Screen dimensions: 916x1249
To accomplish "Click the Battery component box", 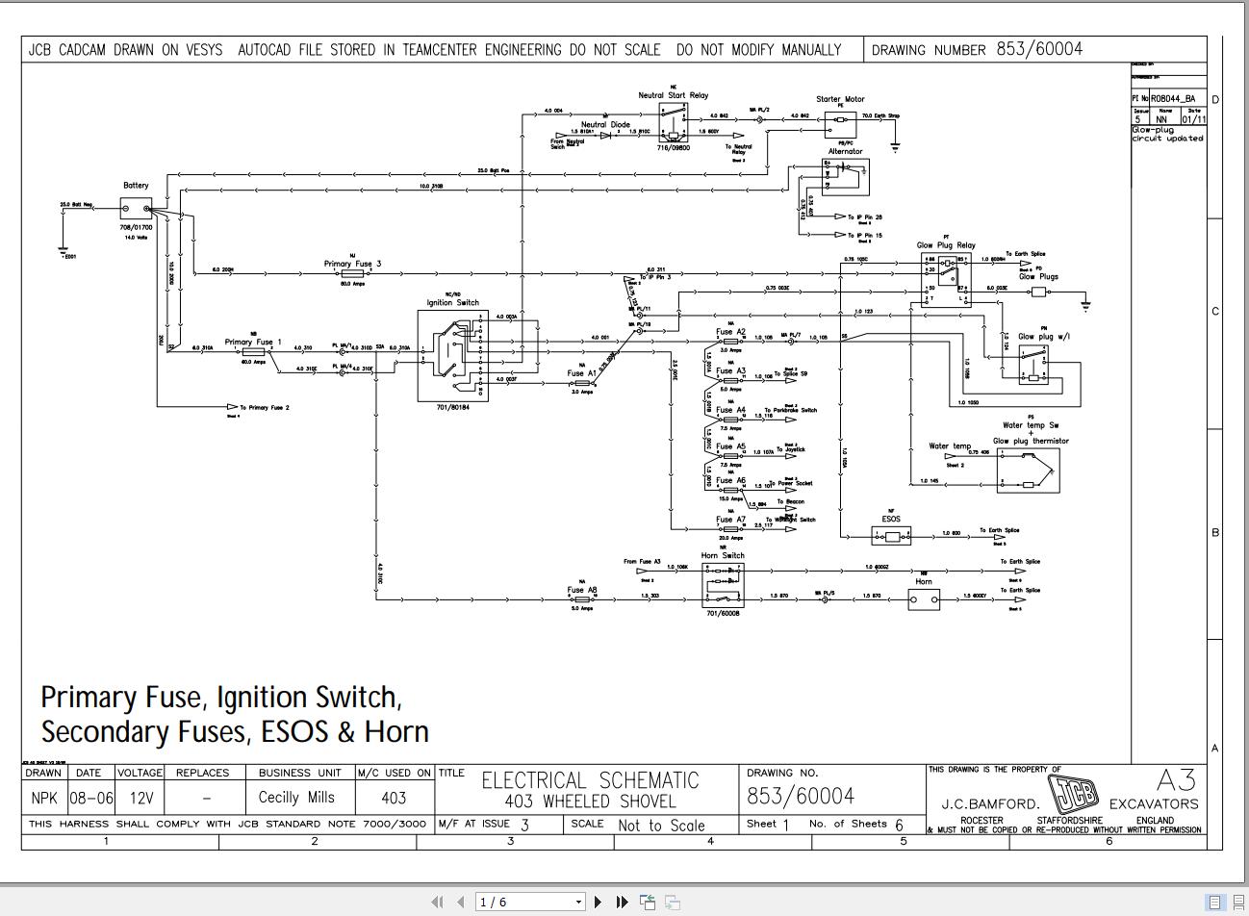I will tap(136, 209).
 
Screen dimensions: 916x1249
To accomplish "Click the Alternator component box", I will tap(846, 177).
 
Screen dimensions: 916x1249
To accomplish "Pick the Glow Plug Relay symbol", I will tap(946, 278).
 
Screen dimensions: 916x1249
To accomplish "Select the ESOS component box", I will tap(891, 534).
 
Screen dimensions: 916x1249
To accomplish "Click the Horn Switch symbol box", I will tap(723, 584).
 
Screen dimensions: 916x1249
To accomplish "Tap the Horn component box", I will tap(924, 600).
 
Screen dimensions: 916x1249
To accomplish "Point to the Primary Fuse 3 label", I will tap(352, 264).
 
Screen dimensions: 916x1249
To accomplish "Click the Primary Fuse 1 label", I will tap(253, 342).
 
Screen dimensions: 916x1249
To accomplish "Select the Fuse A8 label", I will tap(582, 590).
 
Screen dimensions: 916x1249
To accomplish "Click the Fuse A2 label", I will tap(730, 332).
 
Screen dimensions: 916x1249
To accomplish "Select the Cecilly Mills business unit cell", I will tap(296, 798).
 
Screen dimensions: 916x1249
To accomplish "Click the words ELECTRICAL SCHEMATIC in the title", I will tap(590, 780).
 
